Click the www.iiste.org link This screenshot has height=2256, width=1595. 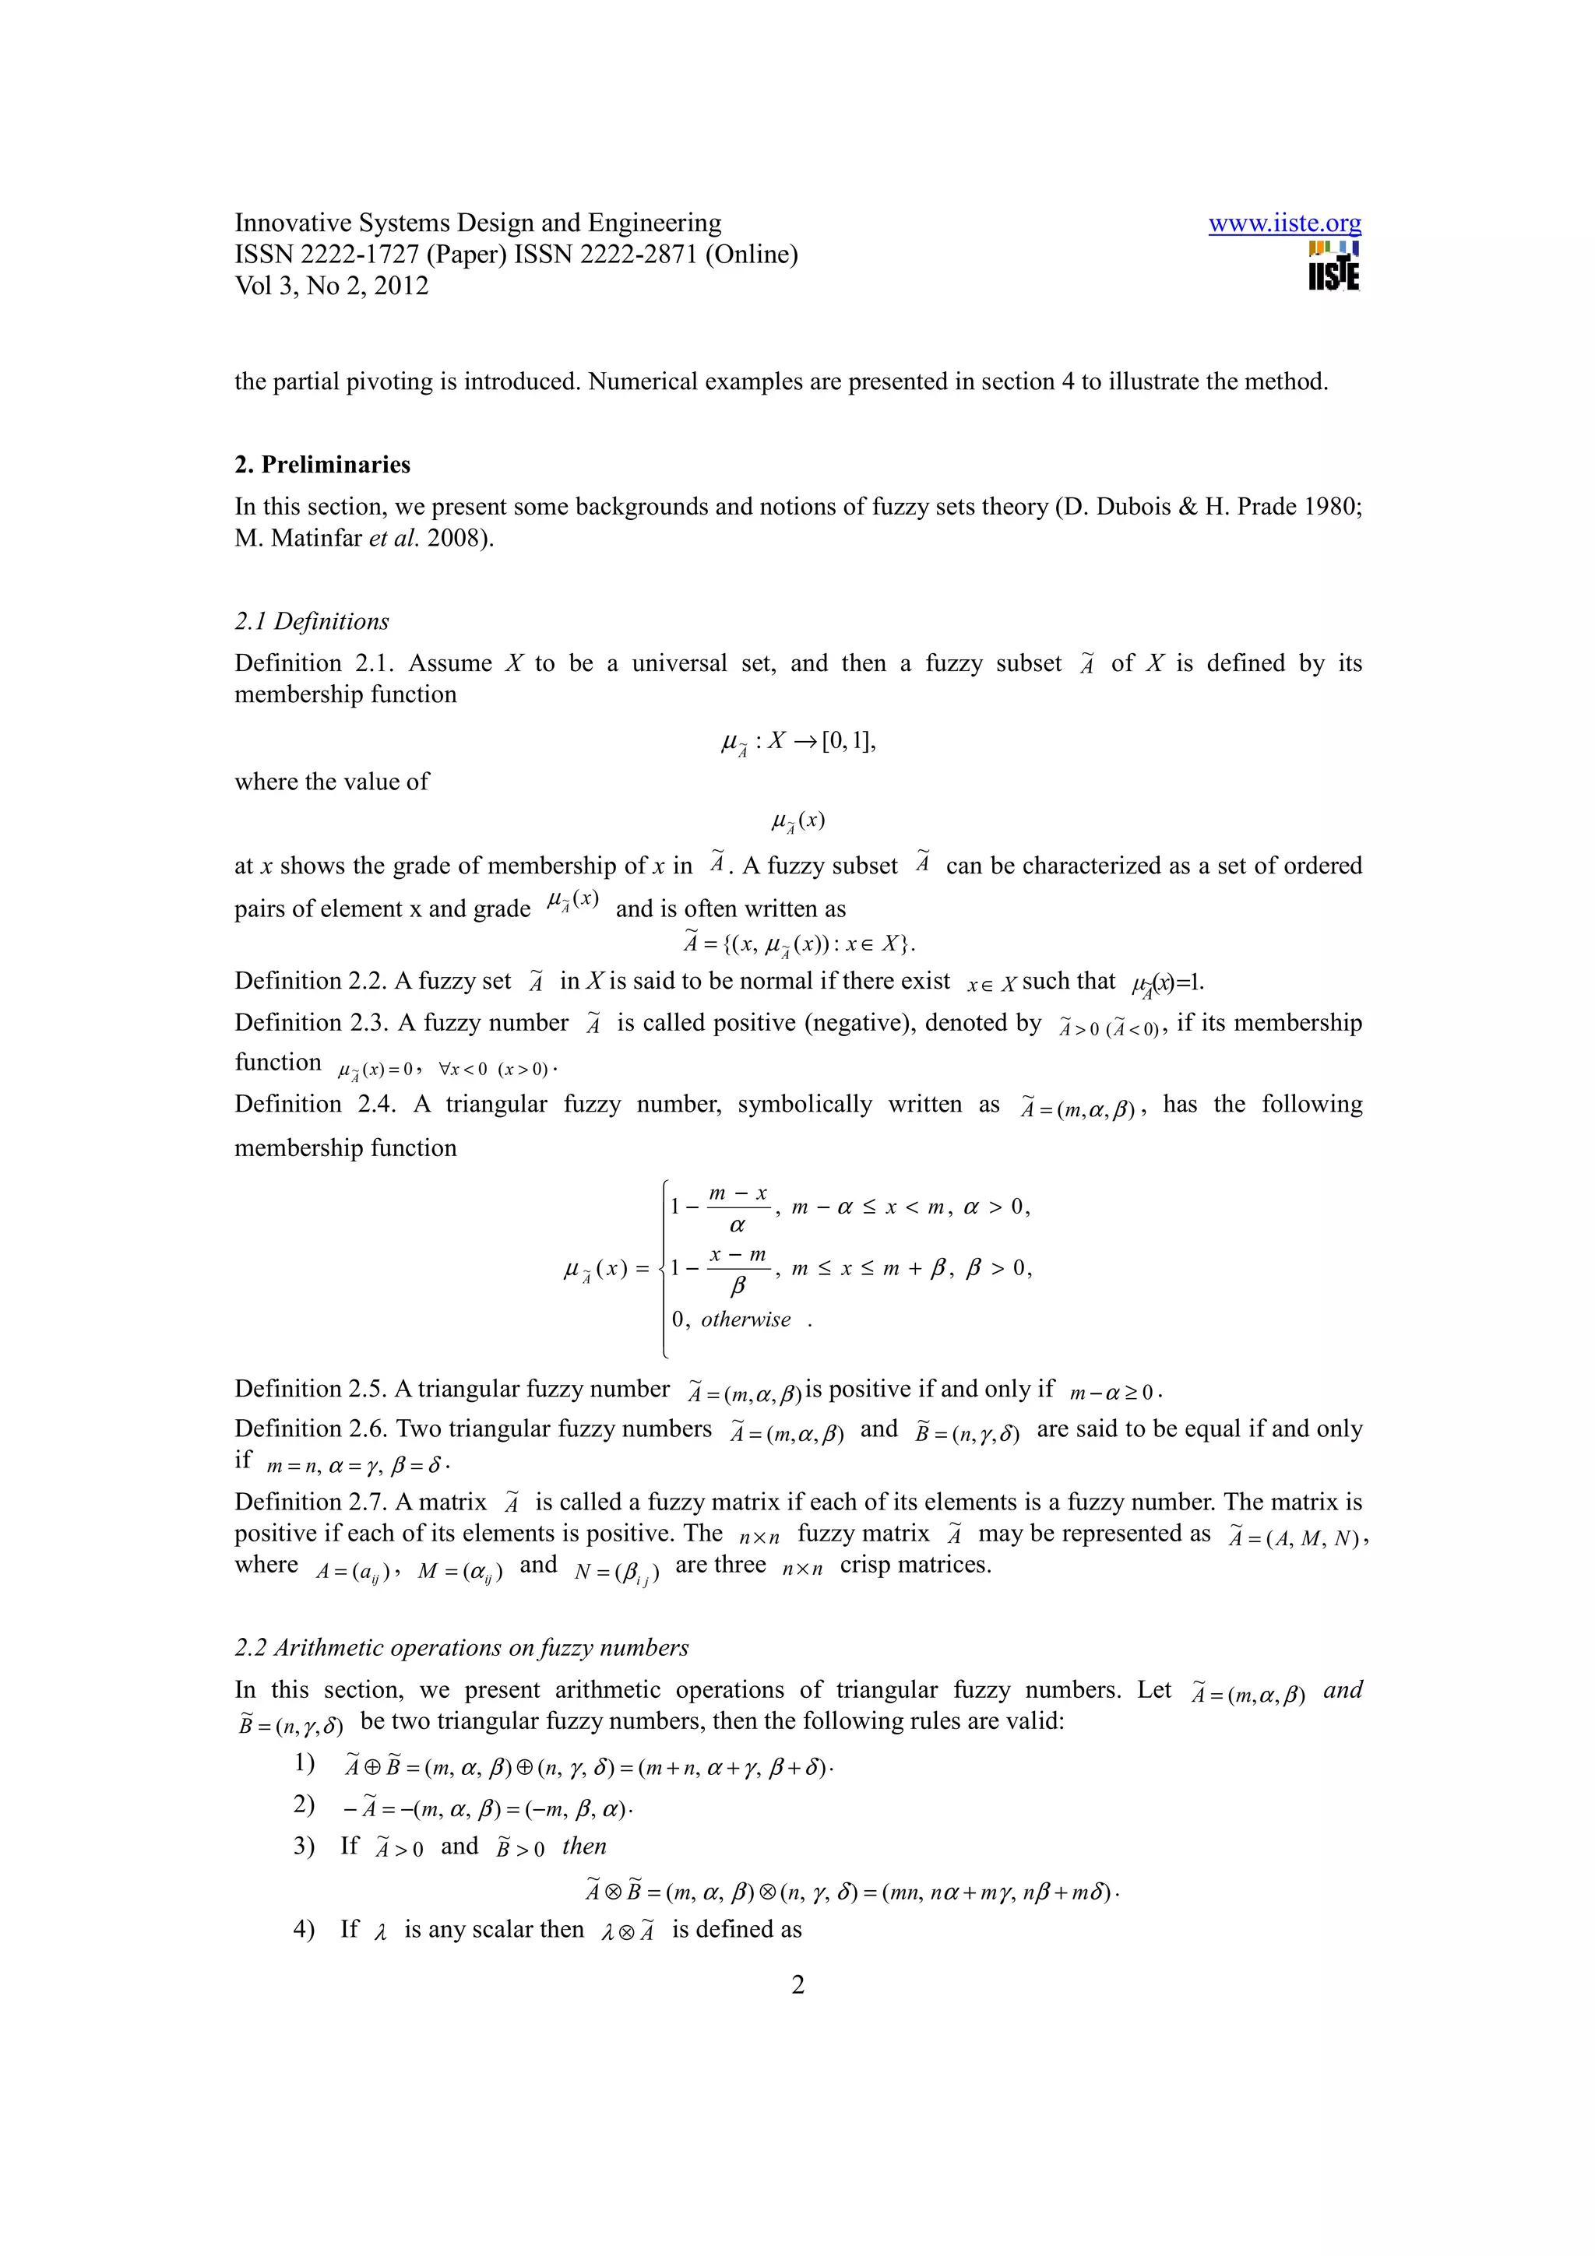(x=1283, y=224)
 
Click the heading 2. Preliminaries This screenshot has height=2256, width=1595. (x=322, y=465)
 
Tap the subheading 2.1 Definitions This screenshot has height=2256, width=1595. (x=312, y=622)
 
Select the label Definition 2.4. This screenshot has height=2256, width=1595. (x=315, y=1105)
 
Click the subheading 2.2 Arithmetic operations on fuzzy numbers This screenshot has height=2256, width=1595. (x=461, y=1648)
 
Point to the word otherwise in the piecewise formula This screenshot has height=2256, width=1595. (x=745, y=1320)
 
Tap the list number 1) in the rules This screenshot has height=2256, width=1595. (x=304, y=1764)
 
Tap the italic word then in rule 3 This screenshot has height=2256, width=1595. (x=584, y=1847)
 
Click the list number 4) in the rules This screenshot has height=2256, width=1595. (x=304, y=1930)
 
